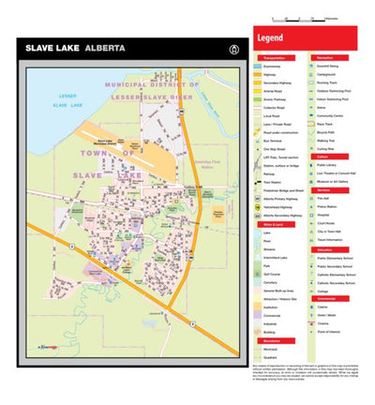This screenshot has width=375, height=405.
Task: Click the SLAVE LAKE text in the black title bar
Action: tap(52, 46)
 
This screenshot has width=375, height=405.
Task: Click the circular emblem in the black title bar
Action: tap(221, 47)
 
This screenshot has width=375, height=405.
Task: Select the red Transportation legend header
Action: tap(276, 57)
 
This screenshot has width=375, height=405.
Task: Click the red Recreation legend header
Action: tap(332, 57)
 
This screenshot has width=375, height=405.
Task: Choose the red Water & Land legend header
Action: tap(276, 225)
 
